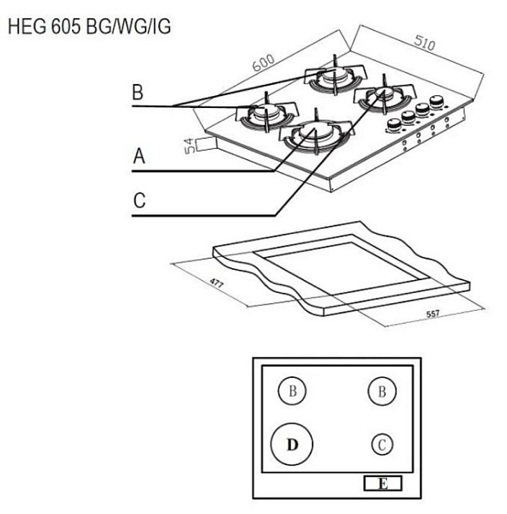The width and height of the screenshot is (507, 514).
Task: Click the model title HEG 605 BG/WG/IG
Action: point(89,27)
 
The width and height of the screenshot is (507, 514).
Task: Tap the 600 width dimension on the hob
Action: point(264,63)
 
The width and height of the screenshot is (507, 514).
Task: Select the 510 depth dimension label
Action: point(425,43)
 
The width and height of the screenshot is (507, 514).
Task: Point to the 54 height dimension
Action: point(189,146)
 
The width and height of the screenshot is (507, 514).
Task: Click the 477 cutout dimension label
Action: point(217,283)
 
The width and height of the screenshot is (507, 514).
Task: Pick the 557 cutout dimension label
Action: point(432,314)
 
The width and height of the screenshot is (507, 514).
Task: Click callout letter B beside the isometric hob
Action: point(138,93)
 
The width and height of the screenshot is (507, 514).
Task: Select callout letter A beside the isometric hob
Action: point(139,156)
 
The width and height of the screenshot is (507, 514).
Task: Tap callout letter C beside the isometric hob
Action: point(139,200)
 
